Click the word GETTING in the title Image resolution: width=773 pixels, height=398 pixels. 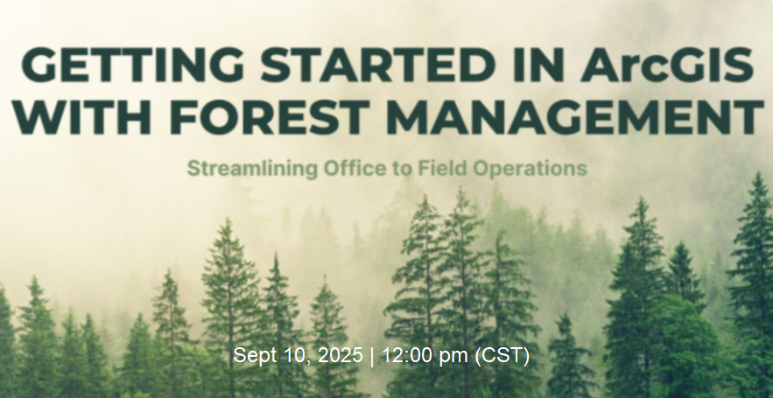tap(133, 65)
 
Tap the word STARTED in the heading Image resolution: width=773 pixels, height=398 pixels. tap(378, 65)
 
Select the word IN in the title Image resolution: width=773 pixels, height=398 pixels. tap(539, 65)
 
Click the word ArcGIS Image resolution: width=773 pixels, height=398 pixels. tap(667, 65)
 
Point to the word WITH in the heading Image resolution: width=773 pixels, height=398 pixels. tap(81, 116)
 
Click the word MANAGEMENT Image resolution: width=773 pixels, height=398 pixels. tap(575, 116)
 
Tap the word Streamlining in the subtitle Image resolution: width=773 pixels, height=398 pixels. tap(252, 169)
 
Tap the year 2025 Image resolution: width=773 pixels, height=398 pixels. tap(341, 355)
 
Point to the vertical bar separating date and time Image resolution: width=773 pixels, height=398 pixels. tap(372, 356)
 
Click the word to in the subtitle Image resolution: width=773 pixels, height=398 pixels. tap(404, 169)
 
